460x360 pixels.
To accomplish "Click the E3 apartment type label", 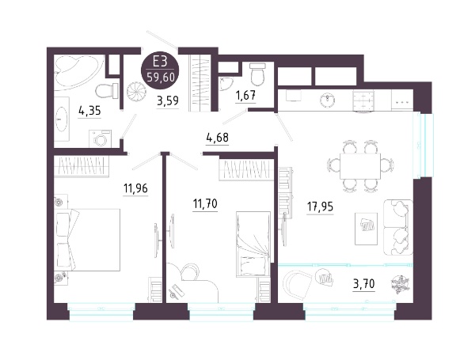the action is click(x=160, y=62).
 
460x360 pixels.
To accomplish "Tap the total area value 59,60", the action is click(x=161, y=78).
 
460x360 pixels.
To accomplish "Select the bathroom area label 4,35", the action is click(x=89, y=111).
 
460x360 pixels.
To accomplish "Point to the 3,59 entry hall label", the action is click(x=168, y=100).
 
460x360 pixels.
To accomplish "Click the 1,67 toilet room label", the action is click(x=246, y=95).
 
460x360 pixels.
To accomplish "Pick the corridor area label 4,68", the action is click(x=218, y=137).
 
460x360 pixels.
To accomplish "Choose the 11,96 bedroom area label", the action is click(x=135, y=188).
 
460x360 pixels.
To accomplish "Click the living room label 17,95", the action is click(x=320, y=207).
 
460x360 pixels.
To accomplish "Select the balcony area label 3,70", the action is click(x=363, y=284).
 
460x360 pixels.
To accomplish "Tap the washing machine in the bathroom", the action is click(x=101, y=138).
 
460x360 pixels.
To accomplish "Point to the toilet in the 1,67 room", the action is click(x=257, y=73).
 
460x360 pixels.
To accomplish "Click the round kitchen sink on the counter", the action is click(x=327, y=100).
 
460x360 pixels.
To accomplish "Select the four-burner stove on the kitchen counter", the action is click(x=363, y=100).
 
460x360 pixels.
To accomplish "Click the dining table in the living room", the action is click(x=360, y=166).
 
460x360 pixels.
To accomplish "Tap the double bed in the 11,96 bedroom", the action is click(x=87, y=240).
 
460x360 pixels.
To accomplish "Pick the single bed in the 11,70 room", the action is click(x=253, y=244).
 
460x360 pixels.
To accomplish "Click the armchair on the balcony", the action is click(x=297, y=285).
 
